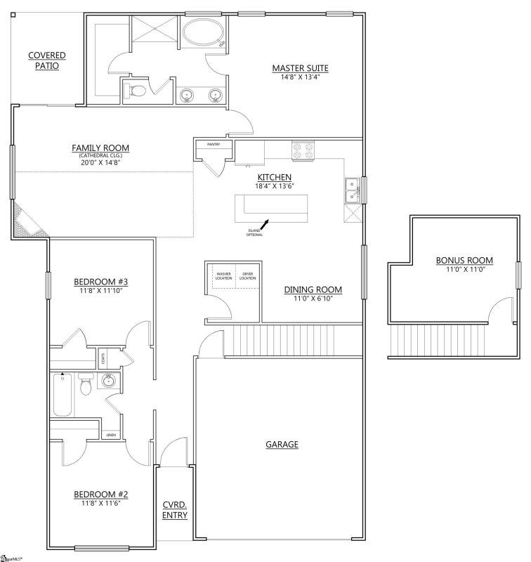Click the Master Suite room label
pos(301,68)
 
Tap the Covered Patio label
pos(47,61)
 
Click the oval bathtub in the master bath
pos(204,33)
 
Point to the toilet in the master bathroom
pos(136,91)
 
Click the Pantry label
pos(214,144)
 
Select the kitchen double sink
pos(353,190)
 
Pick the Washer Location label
pos(224,276)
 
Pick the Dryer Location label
pos(247,276)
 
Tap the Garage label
pos(282,444)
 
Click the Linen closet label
pos(111,436)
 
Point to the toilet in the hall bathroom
pos(86,386)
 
